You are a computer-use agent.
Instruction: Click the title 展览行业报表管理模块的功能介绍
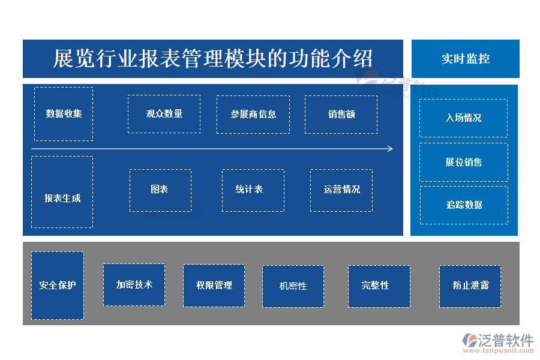[213, 59]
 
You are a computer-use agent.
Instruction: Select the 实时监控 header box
[465, 59]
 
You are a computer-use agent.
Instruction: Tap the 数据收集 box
[64, 114]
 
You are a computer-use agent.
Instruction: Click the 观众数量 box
[164, 114]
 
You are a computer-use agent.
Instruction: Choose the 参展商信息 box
[253, 114]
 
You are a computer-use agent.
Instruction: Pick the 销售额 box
[341, 114]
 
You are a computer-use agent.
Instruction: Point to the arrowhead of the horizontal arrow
[391, 149]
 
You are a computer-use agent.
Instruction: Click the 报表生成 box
[62, 192]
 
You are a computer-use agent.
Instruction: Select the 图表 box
[160, 190]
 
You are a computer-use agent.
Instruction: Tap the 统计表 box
[253, 190]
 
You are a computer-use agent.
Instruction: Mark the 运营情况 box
[341, 190]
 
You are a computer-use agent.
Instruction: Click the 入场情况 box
[463, 118]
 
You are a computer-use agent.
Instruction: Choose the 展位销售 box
[463, 162]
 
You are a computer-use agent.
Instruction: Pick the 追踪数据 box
[463, 205]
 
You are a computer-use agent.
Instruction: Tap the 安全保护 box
[58, 286]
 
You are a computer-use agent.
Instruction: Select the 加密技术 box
[134, 285]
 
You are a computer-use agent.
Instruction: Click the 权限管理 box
[214, 286]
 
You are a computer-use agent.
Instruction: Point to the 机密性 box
[293, 286]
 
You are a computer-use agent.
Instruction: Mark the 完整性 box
[379, 286]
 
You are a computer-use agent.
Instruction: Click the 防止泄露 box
[470, 286]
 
